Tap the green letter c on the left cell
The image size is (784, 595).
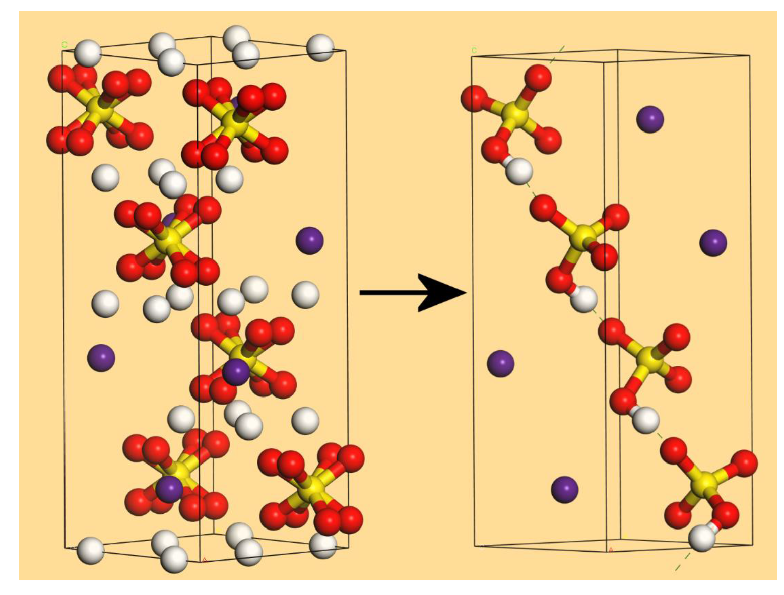click(64, 45)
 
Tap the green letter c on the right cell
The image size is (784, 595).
click(474, 50)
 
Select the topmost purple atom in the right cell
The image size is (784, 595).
click(650, 119)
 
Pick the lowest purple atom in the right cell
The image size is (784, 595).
click(564, 489)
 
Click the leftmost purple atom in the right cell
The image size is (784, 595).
click(500, 363)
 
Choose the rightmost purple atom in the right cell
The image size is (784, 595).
click(713, 243)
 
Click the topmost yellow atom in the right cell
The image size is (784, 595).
click(515, 115)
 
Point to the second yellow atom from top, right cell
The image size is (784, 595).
click(584, 237)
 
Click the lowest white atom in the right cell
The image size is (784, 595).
click(702, 538)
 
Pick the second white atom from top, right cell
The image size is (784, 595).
click(584, 299)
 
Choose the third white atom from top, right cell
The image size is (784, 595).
click(645, 420)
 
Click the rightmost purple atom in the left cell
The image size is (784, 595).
click(309, 240)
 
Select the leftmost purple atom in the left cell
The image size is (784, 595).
click(101, 358)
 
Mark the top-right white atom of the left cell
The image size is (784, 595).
click(320, 47)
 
